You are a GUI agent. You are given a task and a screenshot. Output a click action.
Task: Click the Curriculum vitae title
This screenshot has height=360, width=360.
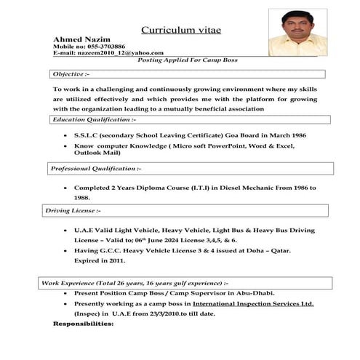180,30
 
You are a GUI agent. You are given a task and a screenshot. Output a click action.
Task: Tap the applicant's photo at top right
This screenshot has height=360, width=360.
297,32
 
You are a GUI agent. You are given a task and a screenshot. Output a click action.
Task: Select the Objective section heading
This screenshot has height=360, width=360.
71,74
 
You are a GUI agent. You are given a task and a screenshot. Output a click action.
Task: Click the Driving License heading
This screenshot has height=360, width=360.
72,211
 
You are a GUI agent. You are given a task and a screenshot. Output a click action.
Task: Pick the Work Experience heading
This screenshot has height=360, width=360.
135,282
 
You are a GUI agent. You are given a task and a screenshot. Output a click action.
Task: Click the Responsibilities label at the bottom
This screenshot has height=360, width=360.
84,323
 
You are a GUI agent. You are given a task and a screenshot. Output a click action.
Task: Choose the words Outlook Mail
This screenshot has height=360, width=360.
97,153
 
